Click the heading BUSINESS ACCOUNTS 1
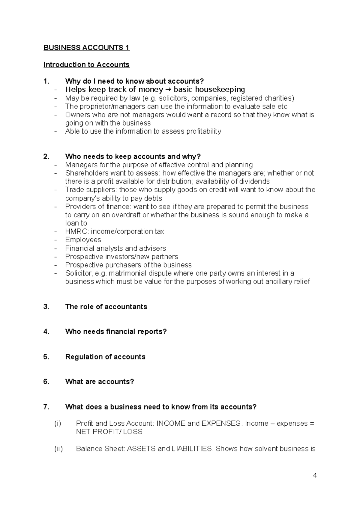click(86, 48)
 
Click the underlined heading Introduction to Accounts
click(86, 65)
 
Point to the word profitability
click(204, 131)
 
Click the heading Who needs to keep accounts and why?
click(133, 156)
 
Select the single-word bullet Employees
click(83, 240)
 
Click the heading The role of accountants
click(106, 307)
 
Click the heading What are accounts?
click(100, 382)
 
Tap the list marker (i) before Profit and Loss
click(58, 424)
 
